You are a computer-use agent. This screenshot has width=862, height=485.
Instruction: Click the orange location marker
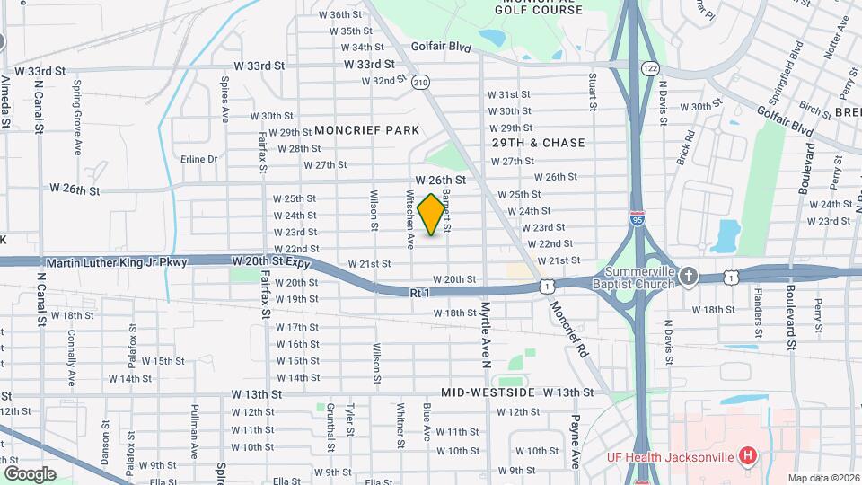[432, 214]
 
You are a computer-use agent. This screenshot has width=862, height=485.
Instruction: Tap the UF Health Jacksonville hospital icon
[746, 456]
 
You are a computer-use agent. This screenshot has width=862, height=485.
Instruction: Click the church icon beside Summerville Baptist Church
[689, 276]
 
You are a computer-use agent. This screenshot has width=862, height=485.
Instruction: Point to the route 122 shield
[651, 68]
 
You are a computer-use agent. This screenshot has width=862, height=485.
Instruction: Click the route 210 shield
[420, 83]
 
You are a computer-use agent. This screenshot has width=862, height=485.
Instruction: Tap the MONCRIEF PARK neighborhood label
[366, 130]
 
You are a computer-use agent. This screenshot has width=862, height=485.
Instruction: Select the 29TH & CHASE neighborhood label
[538, 143]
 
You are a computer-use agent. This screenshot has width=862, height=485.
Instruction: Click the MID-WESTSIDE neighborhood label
[488, 393]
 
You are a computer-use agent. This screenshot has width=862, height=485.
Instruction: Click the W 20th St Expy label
[270, 261]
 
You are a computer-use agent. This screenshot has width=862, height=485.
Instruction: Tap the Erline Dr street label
[198, 159]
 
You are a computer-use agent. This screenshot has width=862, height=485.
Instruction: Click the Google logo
[30, 473]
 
